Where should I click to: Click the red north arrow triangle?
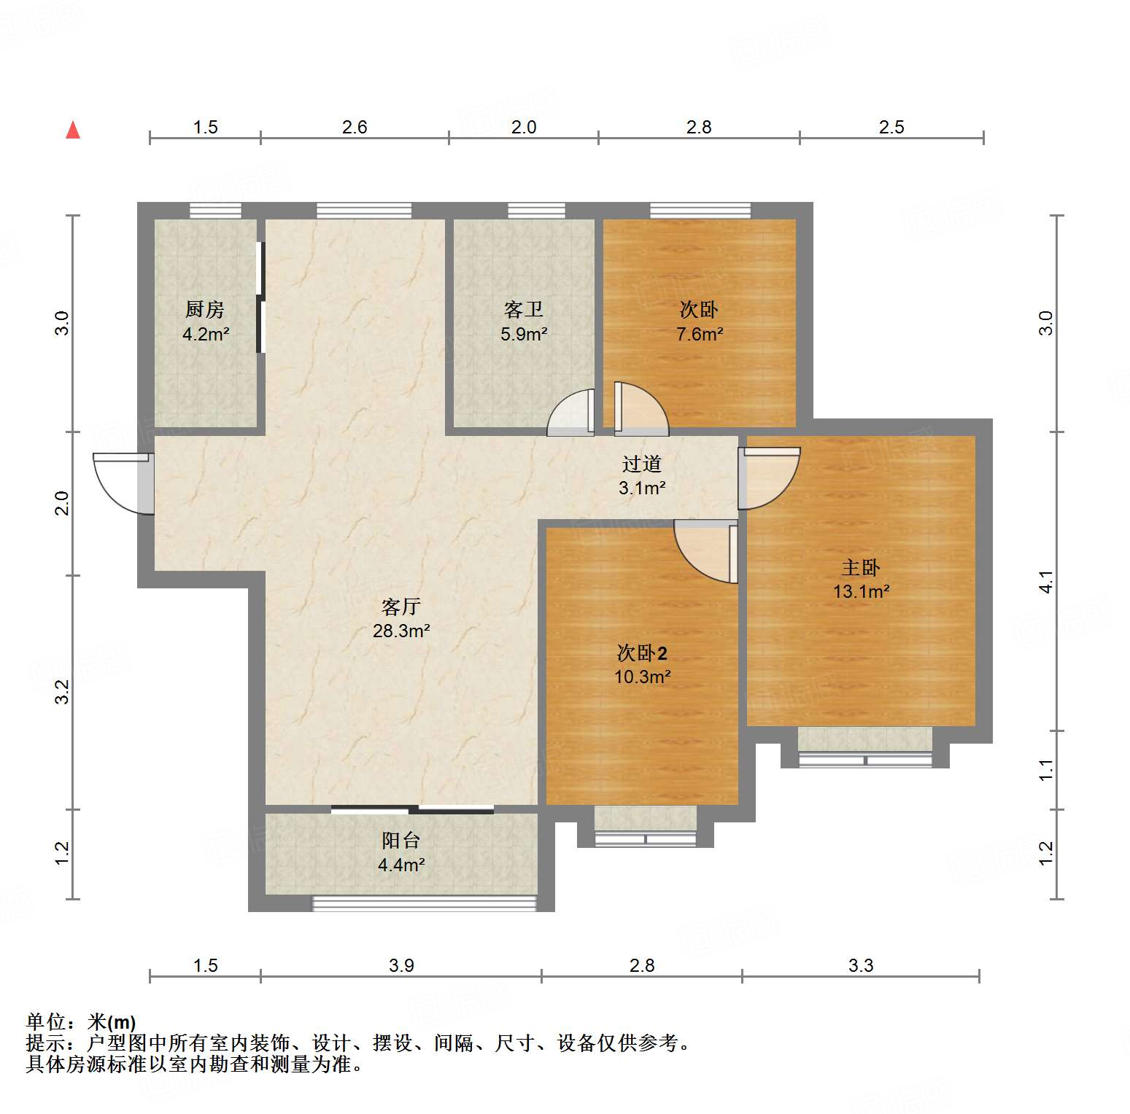tap(73, 131)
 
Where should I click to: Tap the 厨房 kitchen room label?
tap(205, 310)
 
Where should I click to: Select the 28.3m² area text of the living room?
tap(401, 631)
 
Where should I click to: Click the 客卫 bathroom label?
tap(524, 310)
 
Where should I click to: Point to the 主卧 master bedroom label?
tap(861, 567)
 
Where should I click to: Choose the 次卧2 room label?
tap(642, 653)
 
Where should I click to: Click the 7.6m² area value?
tap(700, 335)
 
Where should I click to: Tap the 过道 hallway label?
tap(642, 464)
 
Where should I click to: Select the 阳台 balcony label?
tap(401, 841)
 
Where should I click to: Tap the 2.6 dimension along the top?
tap(355, 128)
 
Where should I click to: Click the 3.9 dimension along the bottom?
tap(401, 966)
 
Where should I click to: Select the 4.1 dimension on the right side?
tap(1046, 582)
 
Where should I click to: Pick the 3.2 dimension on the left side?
tap(63, 692)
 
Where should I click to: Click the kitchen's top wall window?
tap(215, 211)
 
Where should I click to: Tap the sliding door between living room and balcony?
tap(412, 809)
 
